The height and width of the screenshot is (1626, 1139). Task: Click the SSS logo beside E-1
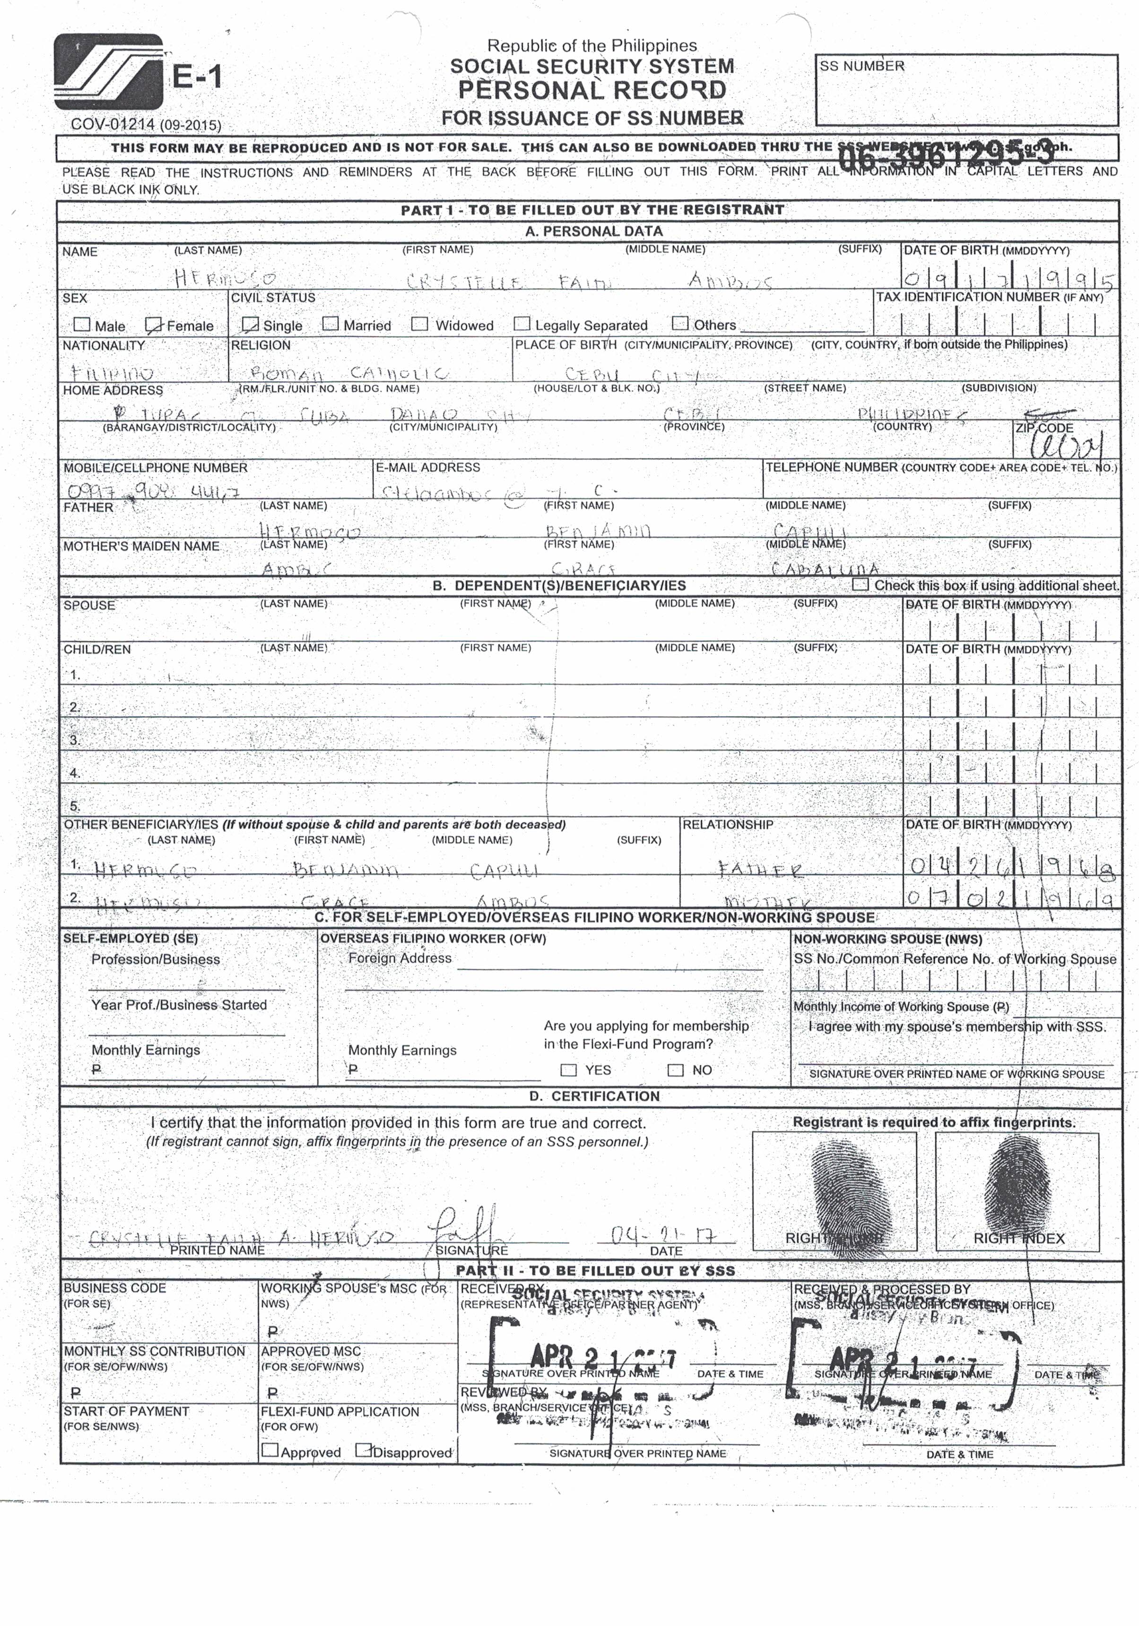pyautogui.click(x=108, y=71)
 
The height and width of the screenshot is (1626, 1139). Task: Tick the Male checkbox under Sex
pyautogui.click(x=82, y=325)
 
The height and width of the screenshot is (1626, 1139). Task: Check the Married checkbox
pyautogui.click(x=330, y=324)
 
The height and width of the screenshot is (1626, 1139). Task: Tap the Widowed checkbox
pyautogui.click(x=420, y=324)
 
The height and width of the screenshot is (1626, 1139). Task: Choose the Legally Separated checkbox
pyautogui.click(x=522, y=324)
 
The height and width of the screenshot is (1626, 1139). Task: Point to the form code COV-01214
pyautogui.click(x=113, y=124)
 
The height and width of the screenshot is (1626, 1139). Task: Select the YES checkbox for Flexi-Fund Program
pyautogui.click(x=568, y=1069)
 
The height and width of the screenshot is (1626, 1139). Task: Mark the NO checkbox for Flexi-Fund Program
pyautogui.click(x=675, y=1069)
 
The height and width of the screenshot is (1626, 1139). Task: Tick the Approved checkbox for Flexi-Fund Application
pyautogui.click(x=270, y=1450)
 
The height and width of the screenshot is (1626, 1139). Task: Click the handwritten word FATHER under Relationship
pyautogui.click(x=760, y=869)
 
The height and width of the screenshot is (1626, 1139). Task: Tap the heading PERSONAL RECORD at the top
pyautogui.click(x=592, y=90)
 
